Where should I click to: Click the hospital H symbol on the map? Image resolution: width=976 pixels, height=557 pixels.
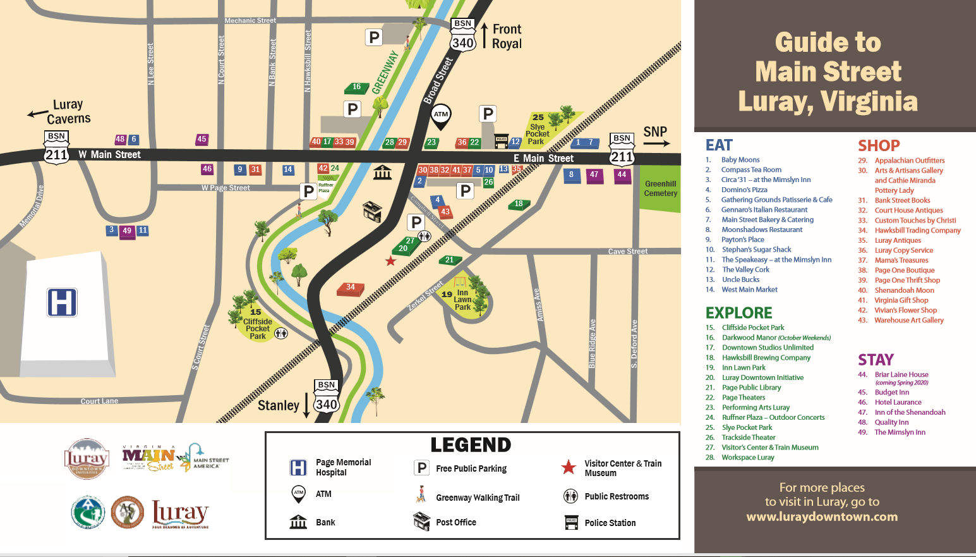(x=62, y=302)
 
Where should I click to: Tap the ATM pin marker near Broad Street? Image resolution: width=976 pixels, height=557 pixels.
(x=441, y=116)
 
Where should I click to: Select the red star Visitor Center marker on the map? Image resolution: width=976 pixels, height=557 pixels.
(x=391, y=261)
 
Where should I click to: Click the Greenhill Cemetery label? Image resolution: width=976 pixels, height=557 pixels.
(x=660, y=188)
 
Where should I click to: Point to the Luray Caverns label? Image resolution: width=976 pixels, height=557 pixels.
(x=68, y=111)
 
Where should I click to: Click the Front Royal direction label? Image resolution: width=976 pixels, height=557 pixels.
(x=507, y=36)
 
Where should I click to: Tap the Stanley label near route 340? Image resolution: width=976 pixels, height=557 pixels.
(x=278, y=405)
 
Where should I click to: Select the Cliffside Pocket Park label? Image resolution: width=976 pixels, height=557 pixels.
(x=258, y=325)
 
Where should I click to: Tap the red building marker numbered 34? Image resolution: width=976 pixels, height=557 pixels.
(x=351, y=288)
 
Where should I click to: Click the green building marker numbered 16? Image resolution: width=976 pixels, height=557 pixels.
(x=356, y=88)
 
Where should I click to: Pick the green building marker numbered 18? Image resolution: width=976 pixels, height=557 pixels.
(x=519, y=204)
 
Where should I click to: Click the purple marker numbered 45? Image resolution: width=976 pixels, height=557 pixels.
(x=202, y=140)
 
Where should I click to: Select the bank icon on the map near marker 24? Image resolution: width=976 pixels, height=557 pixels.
(x=382, y=171)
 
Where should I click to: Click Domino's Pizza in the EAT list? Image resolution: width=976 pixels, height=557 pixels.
(x=744, y=190)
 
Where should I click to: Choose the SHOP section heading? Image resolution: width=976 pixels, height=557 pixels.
(x=878, y=145)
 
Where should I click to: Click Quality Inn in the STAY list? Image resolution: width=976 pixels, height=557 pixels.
(x=891, y=422)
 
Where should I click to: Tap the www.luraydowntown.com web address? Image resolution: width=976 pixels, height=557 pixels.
(x=821, y=517)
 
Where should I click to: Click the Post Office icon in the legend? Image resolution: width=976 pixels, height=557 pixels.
(x=421, y=522)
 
